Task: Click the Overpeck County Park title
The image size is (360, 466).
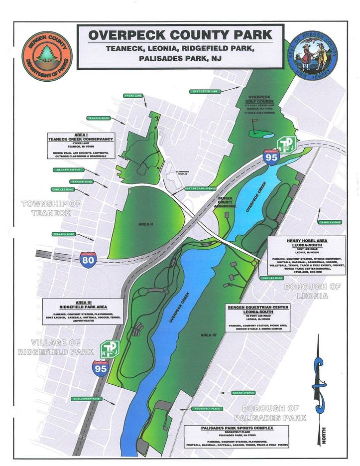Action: pos(180,35)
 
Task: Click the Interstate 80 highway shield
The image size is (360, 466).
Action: pos(88,259)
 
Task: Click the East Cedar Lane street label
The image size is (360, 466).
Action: pos(204,91)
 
